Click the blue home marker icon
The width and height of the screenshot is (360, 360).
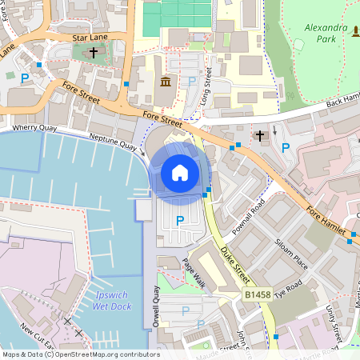click(180, 173)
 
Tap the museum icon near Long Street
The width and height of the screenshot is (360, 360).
click(166, 82)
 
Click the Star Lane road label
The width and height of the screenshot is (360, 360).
click(90, 37)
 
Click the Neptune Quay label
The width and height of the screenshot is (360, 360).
click(113, 142)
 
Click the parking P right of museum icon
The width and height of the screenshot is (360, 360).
click(191, 82)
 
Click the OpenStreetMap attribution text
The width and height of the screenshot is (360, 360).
click(80, 354)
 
